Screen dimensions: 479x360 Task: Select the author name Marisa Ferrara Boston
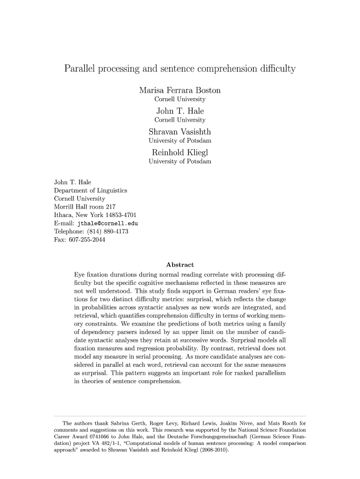(x=180, y=90)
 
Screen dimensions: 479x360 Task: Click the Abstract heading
(x=180, y=265)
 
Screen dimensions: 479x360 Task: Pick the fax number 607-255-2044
(x=86, y=240)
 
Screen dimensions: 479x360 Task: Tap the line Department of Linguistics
(x=91, y=190)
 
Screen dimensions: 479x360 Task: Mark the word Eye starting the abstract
(x=79, y=274)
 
